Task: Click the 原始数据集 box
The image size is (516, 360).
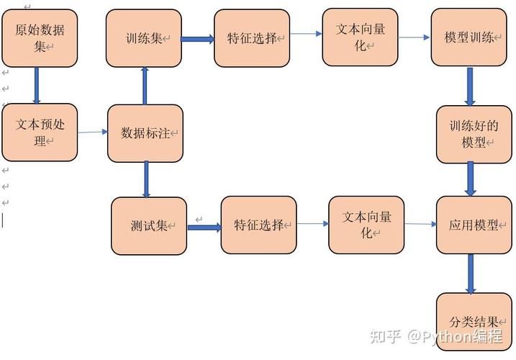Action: [39, 38]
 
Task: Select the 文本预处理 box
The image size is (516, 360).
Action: [39, 132]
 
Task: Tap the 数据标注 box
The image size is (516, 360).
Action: [145, 133]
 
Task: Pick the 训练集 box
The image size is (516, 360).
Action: [143, 38]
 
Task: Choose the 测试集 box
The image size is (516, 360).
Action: [149, 225]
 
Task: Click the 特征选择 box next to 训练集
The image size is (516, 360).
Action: [251, 38]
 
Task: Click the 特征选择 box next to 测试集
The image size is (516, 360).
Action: [258, 225]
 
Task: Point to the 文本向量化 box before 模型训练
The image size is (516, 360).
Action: [360, 37]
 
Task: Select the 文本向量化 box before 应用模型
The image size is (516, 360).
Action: [366, 225]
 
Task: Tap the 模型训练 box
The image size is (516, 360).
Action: [469, 38]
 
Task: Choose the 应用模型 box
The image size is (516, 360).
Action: [474, 225]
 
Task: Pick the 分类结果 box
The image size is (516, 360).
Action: [474, 321]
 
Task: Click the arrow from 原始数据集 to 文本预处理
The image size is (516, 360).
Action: [37, 86]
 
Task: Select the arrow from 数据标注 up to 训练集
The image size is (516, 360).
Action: [145, 86]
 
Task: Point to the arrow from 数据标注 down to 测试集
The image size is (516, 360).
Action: [146, 179]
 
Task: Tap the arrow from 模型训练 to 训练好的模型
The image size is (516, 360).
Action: [470, 86]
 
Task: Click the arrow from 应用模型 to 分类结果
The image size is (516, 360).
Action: [471, 274]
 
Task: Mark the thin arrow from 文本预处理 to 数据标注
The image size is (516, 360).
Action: [92, 132]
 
